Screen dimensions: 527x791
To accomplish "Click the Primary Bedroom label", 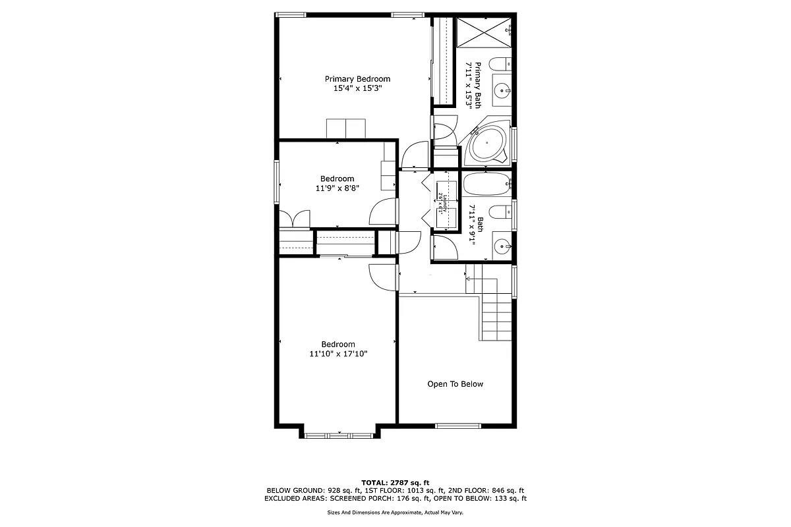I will click(357, 79).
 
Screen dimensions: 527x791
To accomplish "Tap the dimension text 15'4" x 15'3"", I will click(357, 88).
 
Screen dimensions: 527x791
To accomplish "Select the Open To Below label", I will click(455, 384).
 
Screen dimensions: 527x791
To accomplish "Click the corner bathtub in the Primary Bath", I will click(488, 143).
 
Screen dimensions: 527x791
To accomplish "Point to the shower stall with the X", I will click(484, 32).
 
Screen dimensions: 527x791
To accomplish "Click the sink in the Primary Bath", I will click(502, 90).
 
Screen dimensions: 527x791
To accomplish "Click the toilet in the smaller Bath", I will click(502, 212).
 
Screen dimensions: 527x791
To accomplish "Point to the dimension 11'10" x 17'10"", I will click(338, 354).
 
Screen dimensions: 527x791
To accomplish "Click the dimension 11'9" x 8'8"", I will click(337, 188).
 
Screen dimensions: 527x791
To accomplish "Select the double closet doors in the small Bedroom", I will click(293, 219).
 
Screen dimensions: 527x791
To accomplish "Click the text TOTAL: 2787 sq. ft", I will click(395, 483).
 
